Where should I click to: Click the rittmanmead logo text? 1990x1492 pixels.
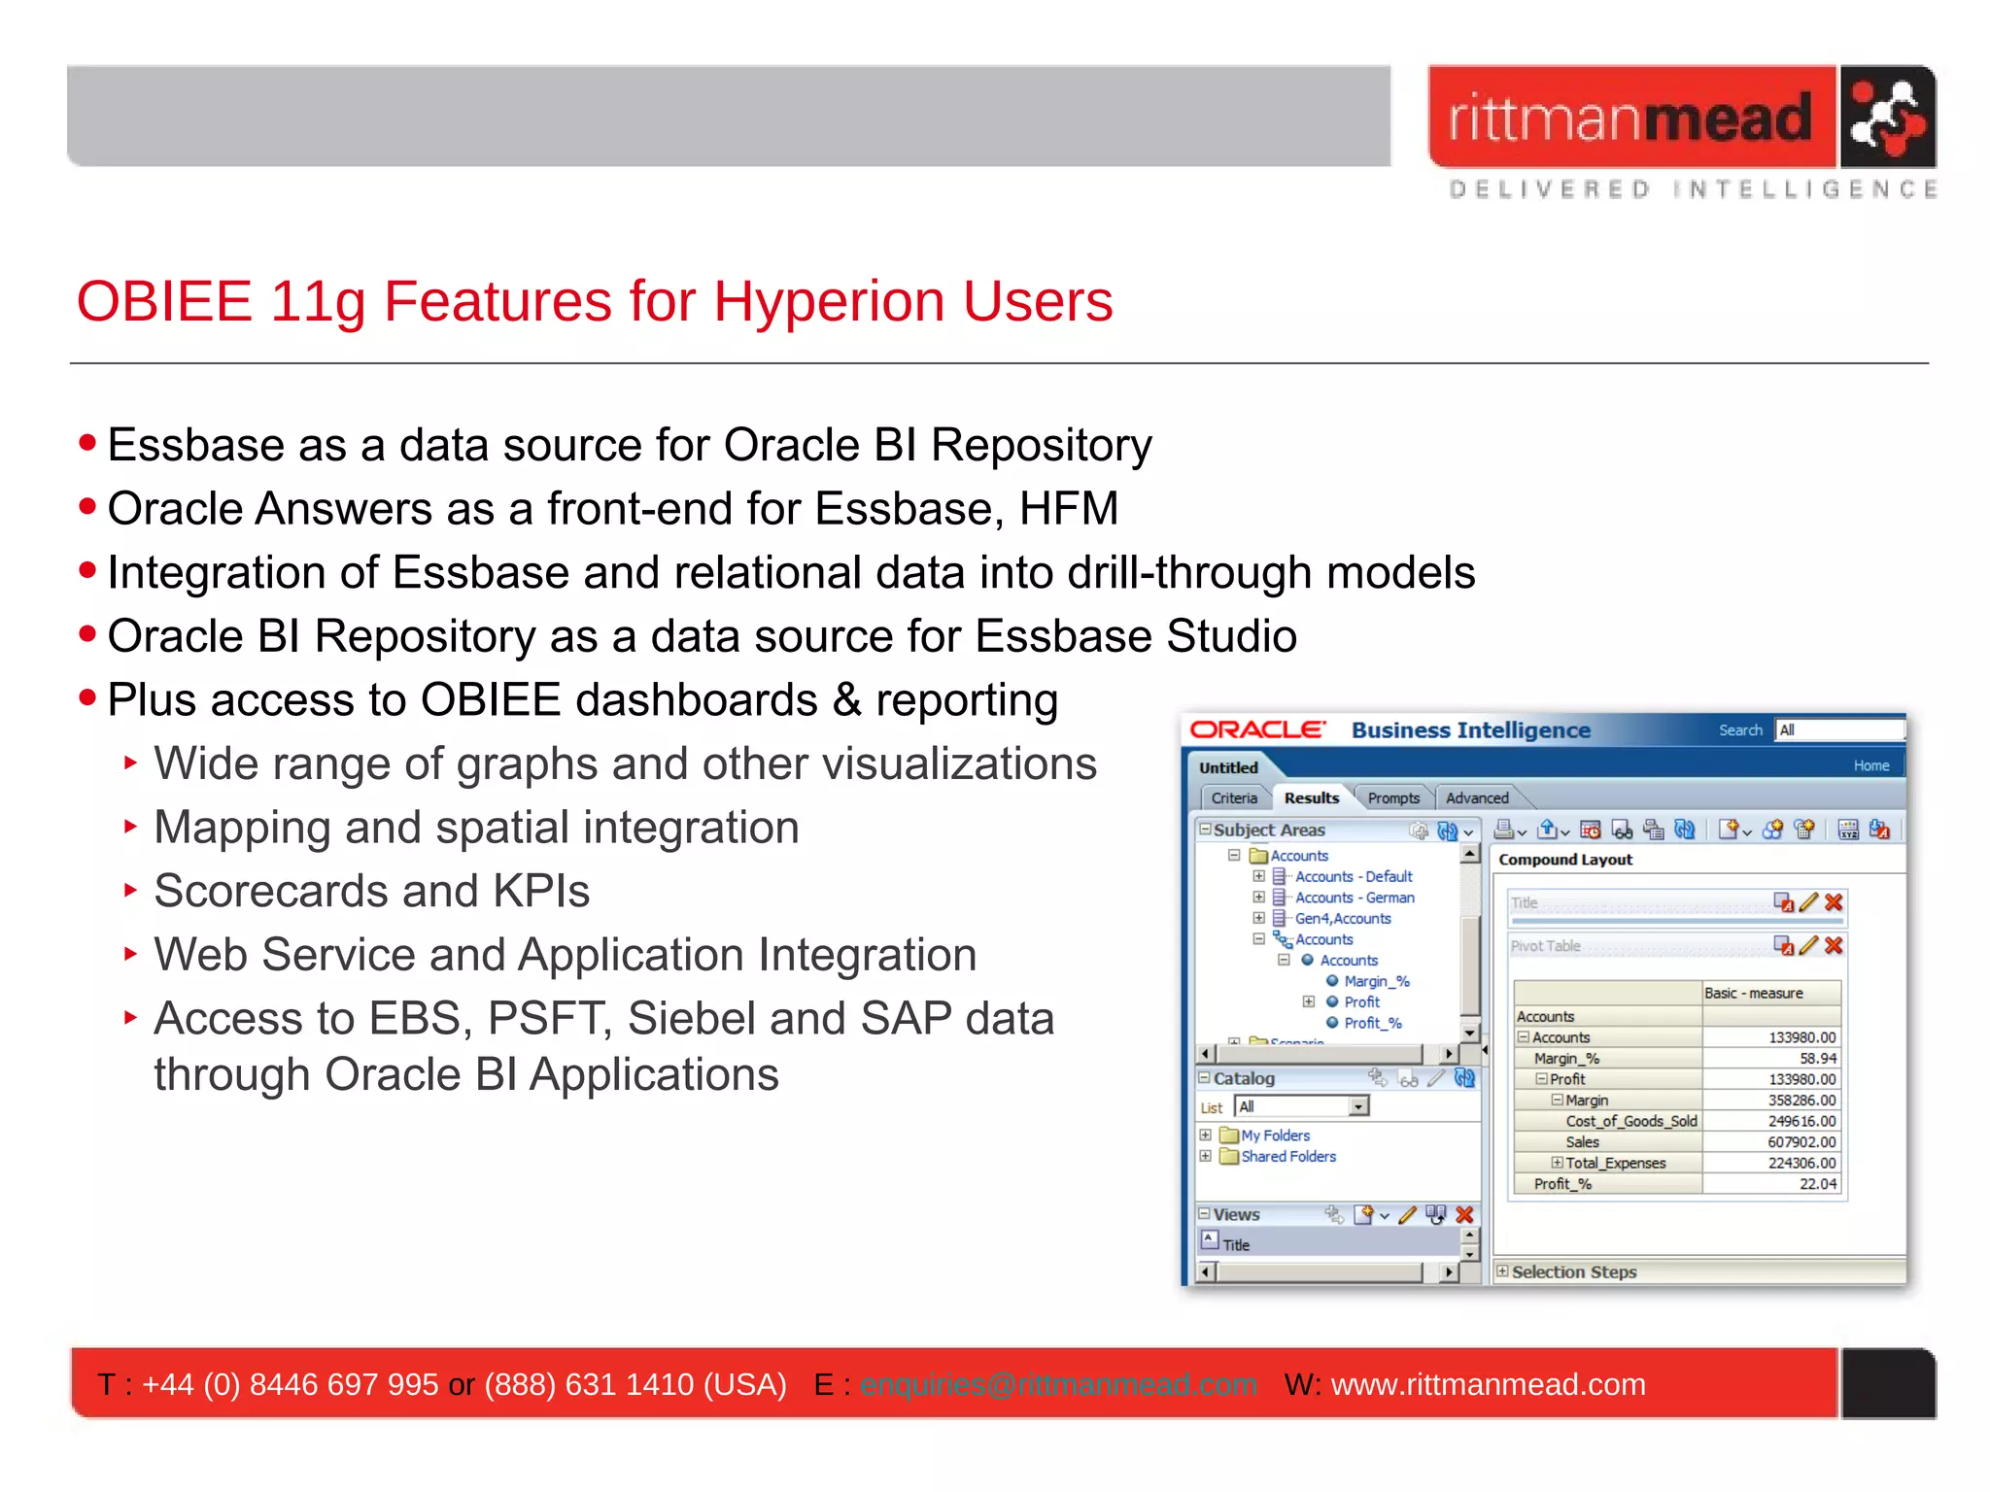[x=1630, y=119]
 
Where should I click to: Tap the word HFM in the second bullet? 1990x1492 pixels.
[x=1068, y=509]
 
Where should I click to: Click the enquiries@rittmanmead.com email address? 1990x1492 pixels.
[x=1058, y=1384]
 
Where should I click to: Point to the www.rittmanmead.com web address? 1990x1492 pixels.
[x=1488, y=1384]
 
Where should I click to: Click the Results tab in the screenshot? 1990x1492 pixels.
[x=1311, y=797]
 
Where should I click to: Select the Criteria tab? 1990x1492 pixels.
[x=1234, y=797]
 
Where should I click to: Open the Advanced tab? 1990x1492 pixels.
[x=1477, y=797]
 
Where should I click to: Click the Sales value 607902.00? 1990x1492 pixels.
[x=1801, y=1142]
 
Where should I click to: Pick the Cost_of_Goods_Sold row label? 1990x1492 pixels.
[x=1631, y=1121]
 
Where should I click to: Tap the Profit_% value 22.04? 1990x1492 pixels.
[x=1817, y=1184]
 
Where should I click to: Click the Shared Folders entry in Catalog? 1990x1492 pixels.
[x=1287, y=1157]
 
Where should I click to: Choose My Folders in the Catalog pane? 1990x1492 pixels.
[x=1275, y=1136]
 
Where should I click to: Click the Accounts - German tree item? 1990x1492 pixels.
[x=1355, y=898]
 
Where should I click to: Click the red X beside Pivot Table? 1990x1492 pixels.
[x=1834, y=945]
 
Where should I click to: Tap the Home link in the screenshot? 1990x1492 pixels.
[x=1870, y=765]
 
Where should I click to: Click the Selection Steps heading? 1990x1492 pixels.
[x=1573, y=1272]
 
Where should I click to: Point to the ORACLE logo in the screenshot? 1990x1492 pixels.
[x=1257, y=730]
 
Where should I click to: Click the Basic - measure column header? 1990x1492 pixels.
[x=1753, y=993]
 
